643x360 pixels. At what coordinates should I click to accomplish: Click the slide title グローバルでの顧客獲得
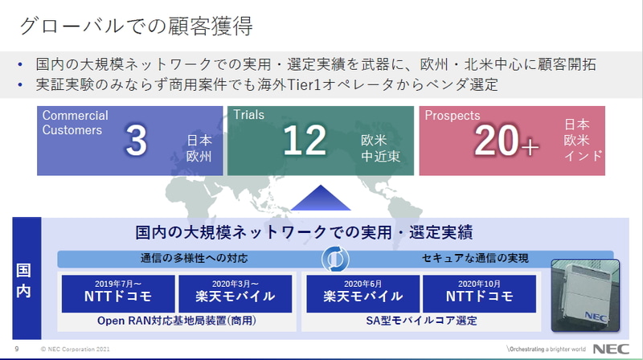click(136, 26)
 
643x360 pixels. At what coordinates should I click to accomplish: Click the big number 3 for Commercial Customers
click(136, 141)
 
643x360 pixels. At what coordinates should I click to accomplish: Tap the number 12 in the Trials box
click(305, 141)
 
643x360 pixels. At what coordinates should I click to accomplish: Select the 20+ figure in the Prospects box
click(506, 141)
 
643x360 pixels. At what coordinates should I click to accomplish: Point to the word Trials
click(248, 114)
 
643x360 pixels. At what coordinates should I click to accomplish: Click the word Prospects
click(453, 115)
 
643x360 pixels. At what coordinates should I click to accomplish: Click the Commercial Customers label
click(75, 122)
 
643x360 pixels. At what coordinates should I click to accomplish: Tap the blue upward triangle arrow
click(320, 198)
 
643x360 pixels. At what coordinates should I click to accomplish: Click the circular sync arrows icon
click(335, 259)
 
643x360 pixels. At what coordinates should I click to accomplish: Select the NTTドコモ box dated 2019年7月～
click(118, 293)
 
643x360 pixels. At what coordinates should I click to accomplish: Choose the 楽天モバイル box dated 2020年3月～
click(235, 293)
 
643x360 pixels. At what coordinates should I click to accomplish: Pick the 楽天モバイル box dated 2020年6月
click(363, 293)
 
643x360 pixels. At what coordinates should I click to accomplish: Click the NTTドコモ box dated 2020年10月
click(479, 293)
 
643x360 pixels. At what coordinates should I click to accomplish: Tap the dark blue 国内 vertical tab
click(27, 278)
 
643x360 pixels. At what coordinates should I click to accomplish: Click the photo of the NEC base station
click(585, 295)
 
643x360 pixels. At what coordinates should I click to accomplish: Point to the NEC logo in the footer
click(611, 349)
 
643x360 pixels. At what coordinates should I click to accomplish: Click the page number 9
click(17, 349)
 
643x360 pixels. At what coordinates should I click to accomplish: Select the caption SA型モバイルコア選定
click(421, 321)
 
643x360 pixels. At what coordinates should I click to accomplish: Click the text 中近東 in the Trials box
click(380, 156)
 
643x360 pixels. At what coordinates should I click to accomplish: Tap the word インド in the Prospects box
click(583, 156)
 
